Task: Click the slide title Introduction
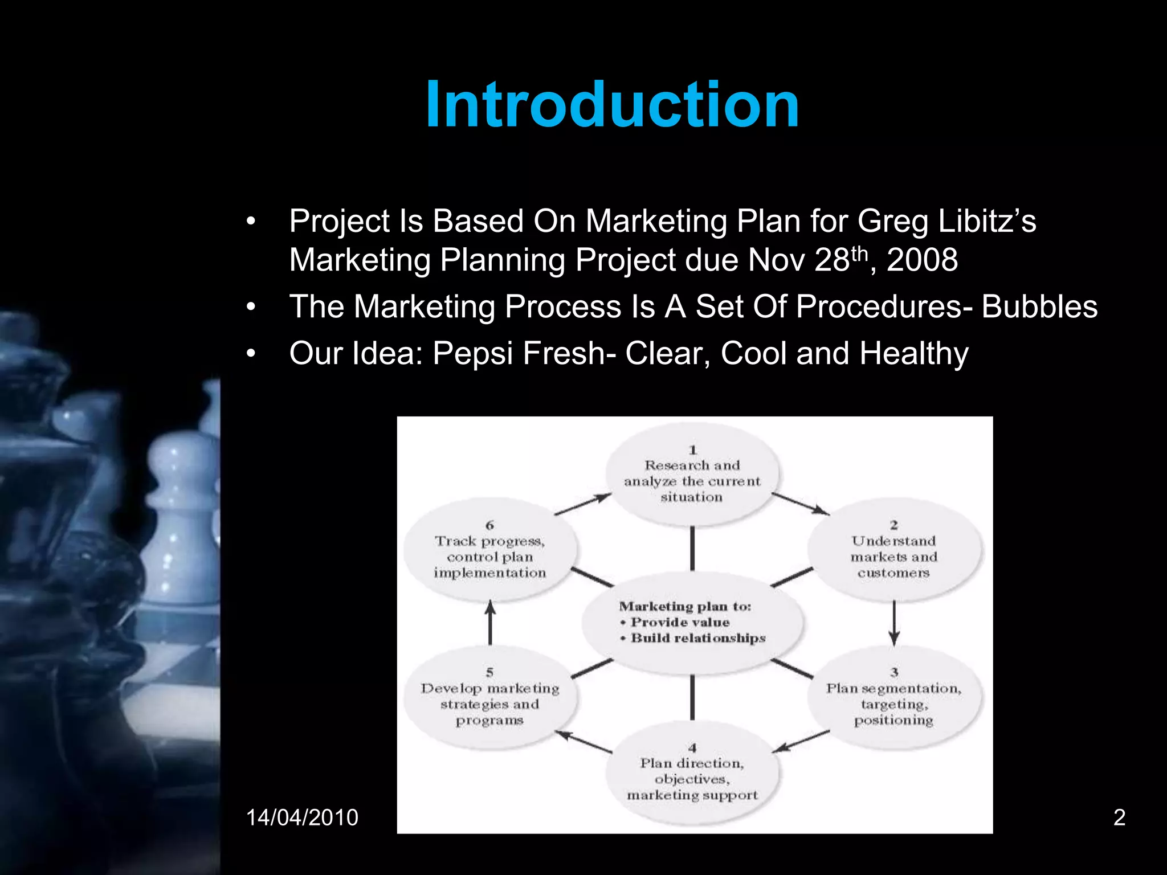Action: pos(612,105)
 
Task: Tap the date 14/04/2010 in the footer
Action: pos(302,817)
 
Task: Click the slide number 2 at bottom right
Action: pos(1119,817)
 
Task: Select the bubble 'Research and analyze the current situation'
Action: pos(692,474)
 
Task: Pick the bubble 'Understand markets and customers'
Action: pos(893,550)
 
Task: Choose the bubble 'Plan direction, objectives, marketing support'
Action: pos(692,772)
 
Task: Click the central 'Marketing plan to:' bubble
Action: pos(692,623)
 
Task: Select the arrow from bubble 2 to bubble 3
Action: pos(893,623)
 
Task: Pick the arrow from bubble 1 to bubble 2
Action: pos(800,504)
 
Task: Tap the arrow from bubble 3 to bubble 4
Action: pos(802,741)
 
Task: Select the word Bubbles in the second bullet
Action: pos(1039,307)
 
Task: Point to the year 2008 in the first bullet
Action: pos(922,260)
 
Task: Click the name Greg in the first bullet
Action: pos(892,222)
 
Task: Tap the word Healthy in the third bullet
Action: pos(913,354)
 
